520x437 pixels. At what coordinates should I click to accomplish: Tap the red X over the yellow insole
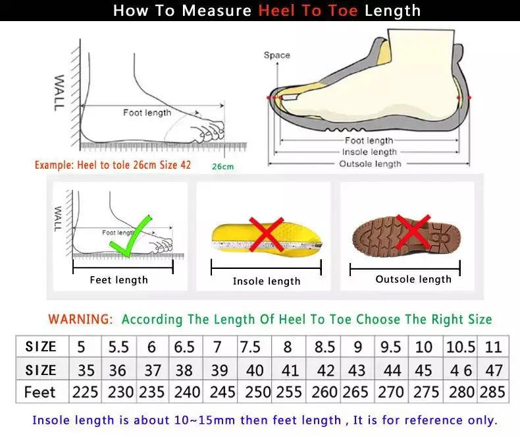point(266,235)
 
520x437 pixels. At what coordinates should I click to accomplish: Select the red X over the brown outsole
point(413,231)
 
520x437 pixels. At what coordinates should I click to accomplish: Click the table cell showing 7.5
point(250,347)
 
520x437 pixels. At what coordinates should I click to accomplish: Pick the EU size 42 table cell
point(325,370)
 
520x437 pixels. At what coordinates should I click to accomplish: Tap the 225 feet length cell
point(85,392)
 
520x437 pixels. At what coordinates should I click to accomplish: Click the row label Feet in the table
point(40,392)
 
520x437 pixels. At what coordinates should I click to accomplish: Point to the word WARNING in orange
point(80,319)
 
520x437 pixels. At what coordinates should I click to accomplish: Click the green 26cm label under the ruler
point(222,167)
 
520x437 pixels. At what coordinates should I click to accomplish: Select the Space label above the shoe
point(276,55)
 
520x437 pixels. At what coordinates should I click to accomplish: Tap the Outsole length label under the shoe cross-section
point(370,163)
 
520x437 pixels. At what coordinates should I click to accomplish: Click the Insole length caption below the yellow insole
point(267,281)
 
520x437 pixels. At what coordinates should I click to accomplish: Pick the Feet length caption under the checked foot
point(118,280)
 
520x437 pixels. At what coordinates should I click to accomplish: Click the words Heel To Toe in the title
point(308,11)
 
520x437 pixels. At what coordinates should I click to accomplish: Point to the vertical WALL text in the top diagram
point(59,92)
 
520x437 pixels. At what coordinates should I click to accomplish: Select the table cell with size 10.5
point(461,347)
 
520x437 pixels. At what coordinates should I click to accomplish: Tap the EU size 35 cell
point(85,370)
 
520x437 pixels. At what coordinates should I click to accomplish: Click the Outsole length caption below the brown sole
point(413,279)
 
